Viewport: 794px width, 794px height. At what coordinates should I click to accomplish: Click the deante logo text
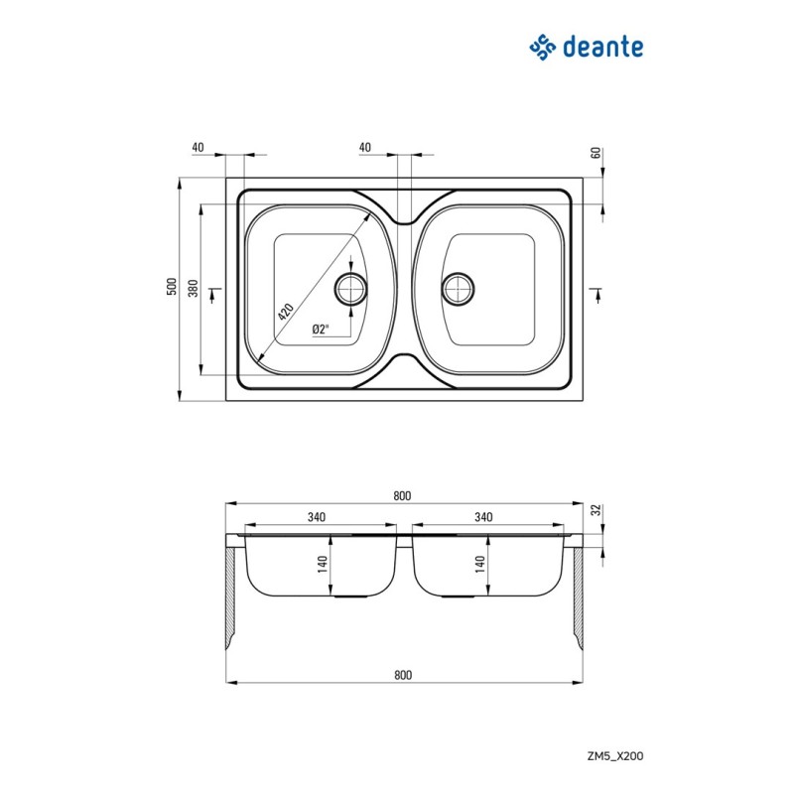603,47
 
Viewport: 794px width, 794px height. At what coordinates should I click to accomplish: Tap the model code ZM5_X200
615,756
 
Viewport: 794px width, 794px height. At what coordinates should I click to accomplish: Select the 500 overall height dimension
172,287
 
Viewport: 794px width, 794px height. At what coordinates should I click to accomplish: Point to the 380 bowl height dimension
193,288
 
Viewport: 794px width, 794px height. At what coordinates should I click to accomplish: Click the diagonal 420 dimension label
286,312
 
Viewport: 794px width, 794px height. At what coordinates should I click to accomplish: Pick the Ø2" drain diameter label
321,330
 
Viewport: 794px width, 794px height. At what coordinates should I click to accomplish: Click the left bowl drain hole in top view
350,289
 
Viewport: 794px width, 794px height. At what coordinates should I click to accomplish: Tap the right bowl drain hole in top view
458,289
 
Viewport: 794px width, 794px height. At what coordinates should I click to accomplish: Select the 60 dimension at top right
596,153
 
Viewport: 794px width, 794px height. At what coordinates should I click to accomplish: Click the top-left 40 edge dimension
198,147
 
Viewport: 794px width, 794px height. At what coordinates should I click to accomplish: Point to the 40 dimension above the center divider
364,147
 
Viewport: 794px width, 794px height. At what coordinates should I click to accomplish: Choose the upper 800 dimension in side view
402,495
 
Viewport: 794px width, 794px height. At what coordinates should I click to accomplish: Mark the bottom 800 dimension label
403,675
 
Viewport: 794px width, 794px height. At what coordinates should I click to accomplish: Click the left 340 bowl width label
317,517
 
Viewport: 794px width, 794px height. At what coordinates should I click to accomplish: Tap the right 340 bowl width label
483,517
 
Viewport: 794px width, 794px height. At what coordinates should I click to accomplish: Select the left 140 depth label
323,564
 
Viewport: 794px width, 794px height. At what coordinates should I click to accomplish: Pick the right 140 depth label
480,564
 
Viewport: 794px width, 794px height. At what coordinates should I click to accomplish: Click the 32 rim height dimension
597,509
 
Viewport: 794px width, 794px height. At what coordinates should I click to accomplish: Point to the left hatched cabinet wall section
230,598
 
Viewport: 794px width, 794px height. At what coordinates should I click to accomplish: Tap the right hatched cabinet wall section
579,598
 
